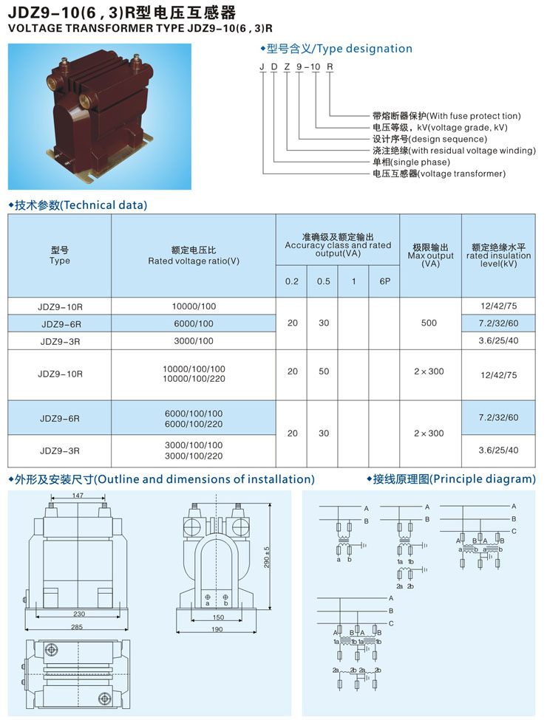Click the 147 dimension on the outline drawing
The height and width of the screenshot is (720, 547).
78,495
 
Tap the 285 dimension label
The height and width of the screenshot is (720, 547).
77,627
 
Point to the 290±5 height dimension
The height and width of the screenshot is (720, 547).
267,557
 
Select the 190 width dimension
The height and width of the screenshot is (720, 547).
217,629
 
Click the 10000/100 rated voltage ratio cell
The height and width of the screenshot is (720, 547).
194,306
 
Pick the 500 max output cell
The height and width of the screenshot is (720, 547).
429,323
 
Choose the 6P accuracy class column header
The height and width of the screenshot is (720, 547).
385,281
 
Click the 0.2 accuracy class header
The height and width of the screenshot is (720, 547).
292,281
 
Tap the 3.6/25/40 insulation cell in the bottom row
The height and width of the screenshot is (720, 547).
498,450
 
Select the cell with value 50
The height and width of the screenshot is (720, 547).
324,371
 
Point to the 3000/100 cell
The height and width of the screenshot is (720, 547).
194,340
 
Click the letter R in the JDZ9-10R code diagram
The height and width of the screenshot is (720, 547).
330,67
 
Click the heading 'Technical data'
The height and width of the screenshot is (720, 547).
105,205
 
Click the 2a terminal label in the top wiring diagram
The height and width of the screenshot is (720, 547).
399,586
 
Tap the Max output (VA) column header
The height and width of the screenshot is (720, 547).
430,256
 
